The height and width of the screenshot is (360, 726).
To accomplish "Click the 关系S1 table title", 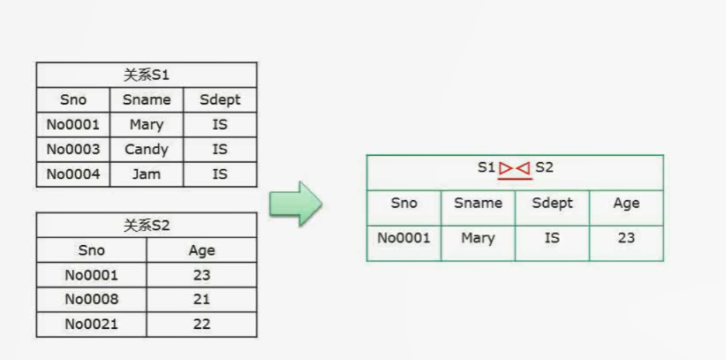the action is coord(146,75).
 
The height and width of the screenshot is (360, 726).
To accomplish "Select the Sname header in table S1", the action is coord(146,100).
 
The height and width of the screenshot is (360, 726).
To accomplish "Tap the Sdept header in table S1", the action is coord(220,100).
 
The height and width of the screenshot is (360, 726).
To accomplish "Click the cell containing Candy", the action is coord(146,150).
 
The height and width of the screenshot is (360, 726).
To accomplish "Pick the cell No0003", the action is coord(73,150).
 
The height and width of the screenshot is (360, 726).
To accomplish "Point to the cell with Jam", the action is coord(146,174).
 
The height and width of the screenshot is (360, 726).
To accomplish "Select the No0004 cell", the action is coord(73,174).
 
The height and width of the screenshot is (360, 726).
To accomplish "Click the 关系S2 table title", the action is coord(146,226).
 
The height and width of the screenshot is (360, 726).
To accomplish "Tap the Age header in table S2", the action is coord(202,251).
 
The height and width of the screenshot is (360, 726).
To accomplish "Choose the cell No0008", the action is coord(91,299).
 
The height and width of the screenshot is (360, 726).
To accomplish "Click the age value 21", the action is coord(202,299).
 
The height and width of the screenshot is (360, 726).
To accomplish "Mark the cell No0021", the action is coord(91,325).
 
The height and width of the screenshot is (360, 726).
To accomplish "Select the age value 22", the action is coord(202,325).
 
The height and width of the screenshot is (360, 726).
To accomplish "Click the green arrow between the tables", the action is coord(296,204).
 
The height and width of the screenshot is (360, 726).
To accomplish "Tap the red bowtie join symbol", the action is coord(515,168).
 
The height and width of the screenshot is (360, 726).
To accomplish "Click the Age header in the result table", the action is coord(626,204).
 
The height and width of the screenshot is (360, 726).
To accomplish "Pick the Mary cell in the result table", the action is coord(478,238).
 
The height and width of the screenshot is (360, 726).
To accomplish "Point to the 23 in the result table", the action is coord(626,238).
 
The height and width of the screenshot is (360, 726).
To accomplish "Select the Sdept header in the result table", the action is coord(552,203).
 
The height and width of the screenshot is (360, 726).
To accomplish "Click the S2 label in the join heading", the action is coord(544,167).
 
